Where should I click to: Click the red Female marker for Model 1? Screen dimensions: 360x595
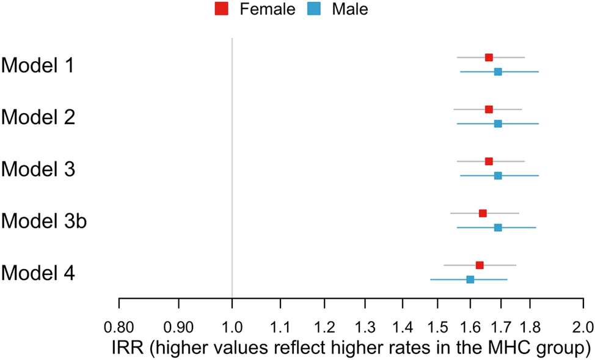489,57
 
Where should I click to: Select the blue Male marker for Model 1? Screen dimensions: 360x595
498,72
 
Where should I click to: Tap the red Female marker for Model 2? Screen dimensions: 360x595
489,109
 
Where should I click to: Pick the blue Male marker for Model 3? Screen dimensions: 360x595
498,176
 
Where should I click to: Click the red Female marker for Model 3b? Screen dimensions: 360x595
483,213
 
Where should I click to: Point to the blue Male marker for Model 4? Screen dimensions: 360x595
470,279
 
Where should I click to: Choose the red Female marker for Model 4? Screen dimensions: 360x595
480,265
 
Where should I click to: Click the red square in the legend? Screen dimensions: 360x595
221,9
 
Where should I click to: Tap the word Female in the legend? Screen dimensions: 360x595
268,9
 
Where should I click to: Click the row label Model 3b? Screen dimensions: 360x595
44,221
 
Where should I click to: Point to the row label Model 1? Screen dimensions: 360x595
38,65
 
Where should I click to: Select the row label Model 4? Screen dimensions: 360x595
38,273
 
